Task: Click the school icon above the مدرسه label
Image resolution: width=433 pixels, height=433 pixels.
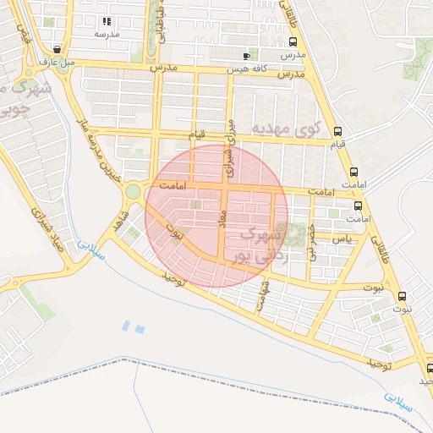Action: (106, 21)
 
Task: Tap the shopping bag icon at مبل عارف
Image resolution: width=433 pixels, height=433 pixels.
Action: (57, 49)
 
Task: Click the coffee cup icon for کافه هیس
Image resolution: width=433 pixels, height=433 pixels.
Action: (246, 54)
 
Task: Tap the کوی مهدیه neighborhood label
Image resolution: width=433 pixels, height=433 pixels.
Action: (288, 129)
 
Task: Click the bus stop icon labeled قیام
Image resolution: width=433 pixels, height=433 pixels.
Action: (338, 131)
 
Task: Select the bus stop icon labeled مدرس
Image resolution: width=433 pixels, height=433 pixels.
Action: (293, 41)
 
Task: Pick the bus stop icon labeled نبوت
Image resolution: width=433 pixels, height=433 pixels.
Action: (401, 296)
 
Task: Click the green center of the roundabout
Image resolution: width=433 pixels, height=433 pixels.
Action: (133, 192)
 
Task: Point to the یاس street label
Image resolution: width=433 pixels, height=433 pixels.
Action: (341, 240)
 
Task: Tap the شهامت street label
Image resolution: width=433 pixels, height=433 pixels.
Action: (265, 297)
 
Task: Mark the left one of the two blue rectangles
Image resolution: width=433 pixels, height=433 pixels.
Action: (126, 325)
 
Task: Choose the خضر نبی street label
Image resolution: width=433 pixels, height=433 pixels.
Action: (312, 241)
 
